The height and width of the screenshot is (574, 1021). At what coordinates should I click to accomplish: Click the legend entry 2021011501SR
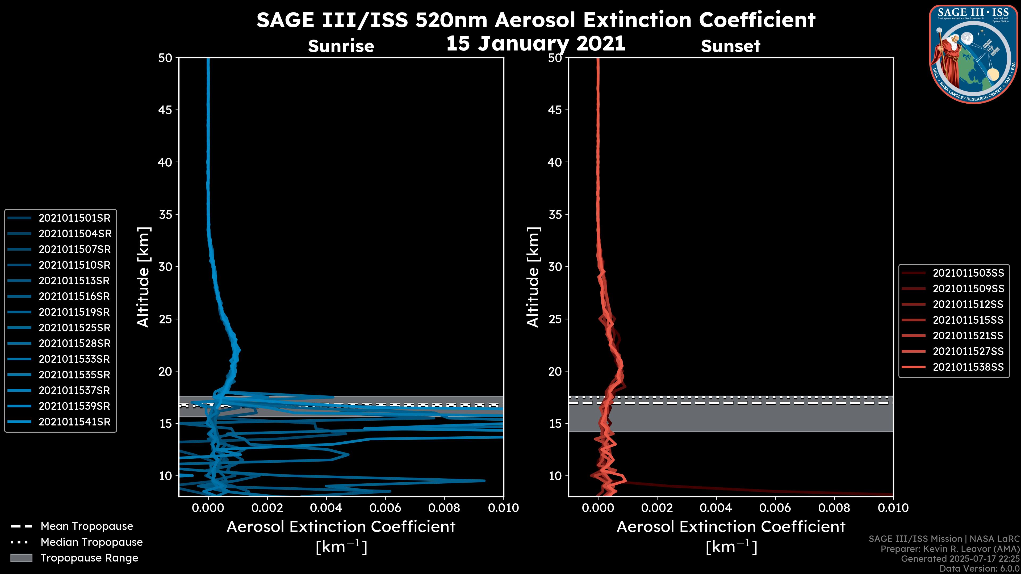(74, 218)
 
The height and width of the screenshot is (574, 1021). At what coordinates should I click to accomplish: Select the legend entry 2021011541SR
(74, 422)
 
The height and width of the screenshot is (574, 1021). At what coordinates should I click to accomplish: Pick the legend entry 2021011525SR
(74, 328)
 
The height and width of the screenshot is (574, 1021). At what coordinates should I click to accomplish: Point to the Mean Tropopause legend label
(87, 526)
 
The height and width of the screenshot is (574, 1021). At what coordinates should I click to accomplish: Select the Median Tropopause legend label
(91, 542)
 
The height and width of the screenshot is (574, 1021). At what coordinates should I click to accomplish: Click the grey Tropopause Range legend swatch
(21, 558)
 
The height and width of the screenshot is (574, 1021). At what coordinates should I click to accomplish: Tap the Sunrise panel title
(341, 46)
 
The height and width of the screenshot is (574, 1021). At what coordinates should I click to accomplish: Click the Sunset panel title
(730, 46)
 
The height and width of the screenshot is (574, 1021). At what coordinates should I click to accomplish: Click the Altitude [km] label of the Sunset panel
(533, 277)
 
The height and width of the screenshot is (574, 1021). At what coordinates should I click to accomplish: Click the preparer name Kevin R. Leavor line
(950, 549)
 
